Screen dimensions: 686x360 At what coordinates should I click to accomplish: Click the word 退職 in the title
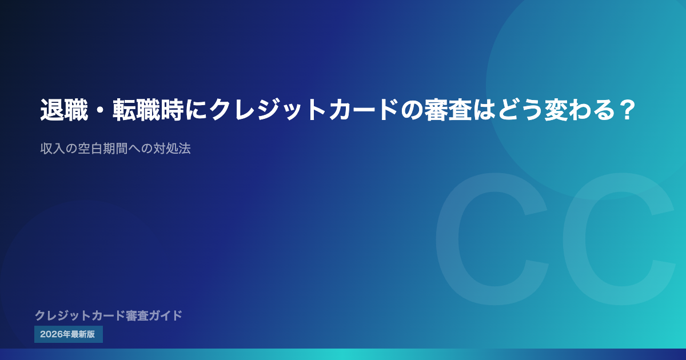64,110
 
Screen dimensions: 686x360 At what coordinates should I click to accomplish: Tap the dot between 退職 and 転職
101,110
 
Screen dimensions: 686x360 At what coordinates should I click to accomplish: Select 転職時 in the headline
149,110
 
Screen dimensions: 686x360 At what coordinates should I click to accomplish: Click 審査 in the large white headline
448,110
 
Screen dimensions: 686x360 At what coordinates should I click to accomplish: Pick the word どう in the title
520,110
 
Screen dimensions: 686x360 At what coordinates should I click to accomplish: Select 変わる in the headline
579,110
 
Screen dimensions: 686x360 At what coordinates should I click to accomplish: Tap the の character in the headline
412,110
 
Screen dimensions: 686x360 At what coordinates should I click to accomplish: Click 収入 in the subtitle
53,149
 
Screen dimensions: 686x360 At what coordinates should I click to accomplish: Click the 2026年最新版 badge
69,334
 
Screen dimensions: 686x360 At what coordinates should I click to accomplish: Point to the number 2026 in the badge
51,334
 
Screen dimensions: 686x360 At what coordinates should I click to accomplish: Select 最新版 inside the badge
83,334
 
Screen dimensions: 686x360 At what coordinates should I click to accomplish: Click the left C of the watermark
492,239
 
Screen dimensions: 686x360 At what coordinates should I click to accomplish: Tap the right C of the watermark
619,239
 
